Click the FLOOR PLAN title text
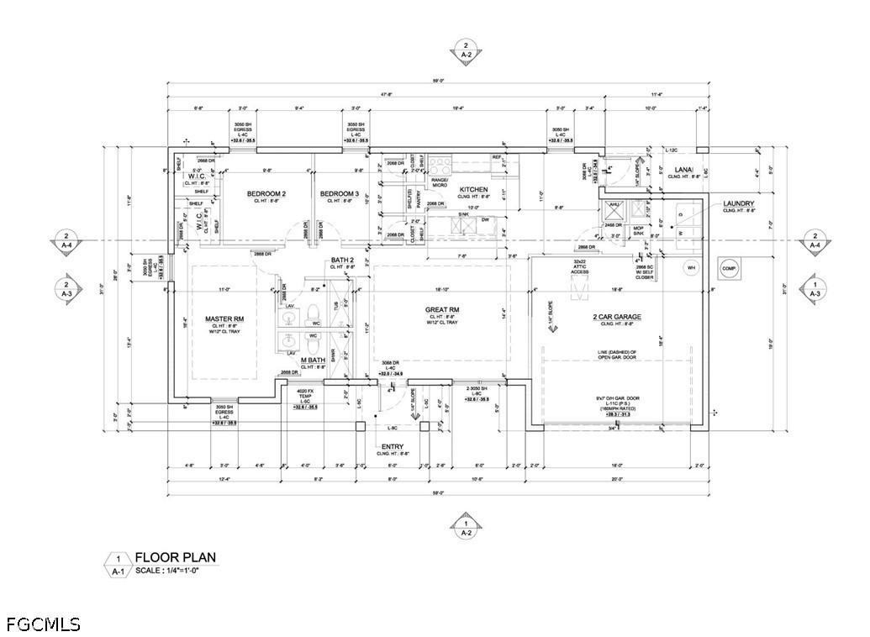175,556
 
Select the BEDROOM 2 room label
266,194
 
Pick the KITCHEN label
473,190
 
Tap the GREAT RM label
440,310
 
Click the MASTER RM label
224,319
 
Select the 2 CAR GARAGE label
616,317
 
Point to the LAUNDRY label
739,203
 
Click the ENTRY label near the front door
393,446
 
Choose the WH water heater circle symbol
692,268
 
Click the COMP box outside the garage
728,268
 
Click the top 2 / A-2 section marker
466,49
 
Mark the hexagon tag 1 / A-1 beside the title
119,564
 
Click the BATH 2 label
342,260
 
